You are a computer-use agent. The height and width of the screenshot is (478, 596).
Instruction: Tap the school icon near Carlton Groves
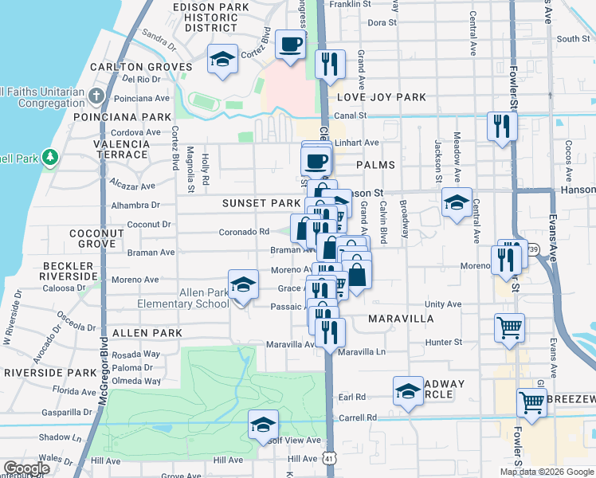[x=223, y=60]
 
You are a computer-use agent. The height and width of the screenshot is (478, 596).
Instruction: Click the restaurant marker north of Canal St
[x=329, y=65]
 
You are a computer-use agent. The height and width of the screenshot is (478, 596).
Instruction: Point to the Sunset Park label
[x=261, y=203]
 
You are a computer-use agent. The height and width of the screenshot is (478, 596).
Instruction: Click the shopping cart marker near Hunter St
[x=509, y=327]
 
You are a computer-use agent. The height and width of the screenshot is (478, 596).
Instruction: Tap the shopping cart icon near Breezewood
[x=531, y=402]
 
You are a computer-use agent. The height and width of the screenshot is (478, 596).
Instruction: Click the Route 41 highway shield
[x=330, y=460]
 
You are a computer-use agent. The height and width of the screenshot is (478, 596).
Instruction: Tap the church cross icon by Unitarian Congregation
[x=96, y=96]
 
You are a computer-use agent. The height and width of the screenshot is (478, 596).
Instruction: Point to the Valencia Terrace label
[x=122, y=149]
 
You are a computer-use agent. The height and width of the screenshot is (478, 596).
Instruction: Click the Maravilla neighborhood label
[x=402, y=319]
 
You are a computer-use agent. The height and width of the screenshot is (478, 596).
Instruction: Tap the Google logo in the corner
[x=26, y=468]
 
